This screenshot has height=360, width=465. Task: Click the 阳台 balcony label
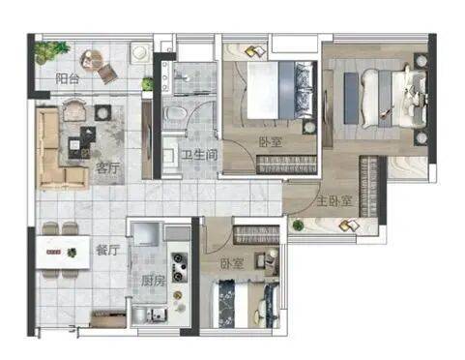click(67, 78)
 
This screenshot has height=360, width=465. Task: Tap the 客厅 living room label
click(107, 168)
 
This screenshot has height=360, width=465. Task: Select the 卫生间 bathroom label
click(199, 155)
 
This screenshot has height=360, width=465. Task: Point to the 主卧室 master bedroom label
click(334, 201)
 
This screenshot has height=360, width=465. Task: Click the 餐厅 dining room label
click(107, 250)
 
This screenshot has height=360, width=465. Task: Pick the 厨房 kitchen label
click(153, 281)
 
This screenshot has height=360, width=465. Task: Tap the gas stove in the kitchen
click(179, 267)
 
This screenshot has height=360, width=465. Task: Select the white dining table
click(63, 252)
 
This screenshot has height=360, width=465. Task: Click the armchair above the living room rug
click(74, 109)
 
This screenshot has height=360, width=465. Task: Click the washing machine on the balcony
click(140, 52)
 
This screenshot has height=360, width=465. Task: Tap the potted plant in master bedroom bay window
click(297, 225)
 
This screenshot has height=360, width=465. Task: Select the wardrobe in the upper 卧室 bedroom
click(286, 165)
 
